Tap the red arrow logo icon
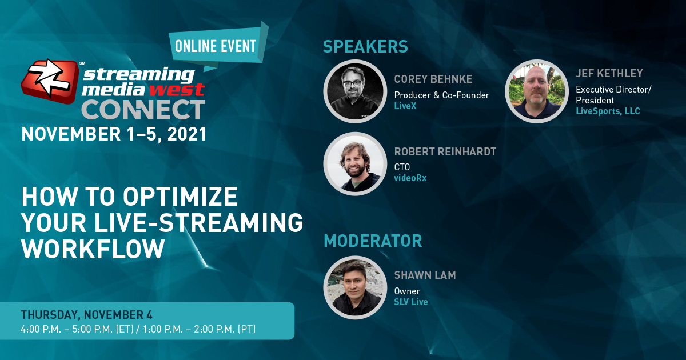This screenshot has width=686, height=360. click(50, 81)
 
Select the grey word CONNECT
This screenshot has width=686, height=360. click(143, 110)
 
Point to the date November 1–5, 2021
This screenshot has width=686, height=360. click(114, 134)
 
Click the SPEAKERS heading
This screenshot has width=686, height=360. click(365, 46)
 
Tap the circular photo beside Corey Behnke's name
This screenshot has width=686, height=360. click(355, 91)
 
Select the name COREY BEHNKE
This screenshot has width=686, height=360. click(433, 79)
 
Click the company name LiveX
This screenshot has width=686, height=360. click(405, 106)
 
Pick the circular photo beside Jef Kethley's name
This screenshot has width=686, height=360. click(537, 91)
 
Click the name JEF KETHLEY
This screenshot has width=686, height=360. click(609, 74)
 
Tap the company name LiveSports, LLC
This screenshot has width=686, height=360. click(608, 111)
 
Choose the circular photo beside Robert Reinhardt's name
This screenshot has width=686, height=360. click(355, 164)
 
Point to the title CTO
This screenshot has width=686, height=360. click(402, 167)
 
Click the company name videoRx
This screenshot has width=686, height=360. click(410, 178)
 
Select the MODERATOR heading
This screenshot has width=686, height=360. click(373, 241)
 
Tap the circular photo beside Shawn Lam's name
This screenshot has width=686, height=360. click(355, 287)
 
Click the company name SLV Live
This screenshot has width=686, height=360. click(410, 302)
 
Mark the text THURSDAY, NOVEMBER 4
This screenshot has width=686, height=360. click(86, 315)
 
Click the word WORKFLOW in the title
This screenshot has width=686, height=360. click(93, 249)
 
